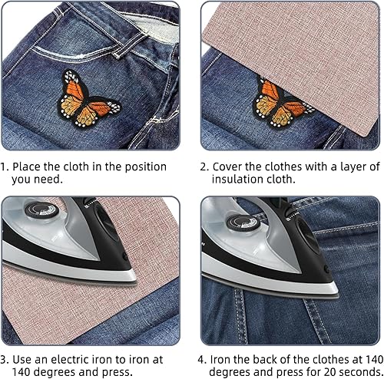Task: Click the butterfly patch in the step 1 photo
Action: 88,99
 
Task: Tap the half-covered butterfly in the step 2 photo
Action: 279,104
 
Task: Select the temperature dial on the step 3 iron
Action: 41,210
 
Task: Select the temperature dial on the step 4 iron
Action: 243,222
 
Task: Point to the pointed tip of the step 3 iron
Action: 135,279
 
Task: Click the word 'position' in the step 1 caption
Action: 146,167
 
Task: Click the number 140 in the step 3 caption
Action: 21,371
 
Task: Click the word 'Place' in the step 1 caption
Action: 26,167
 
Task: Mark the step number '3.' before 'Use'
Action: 5,360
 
